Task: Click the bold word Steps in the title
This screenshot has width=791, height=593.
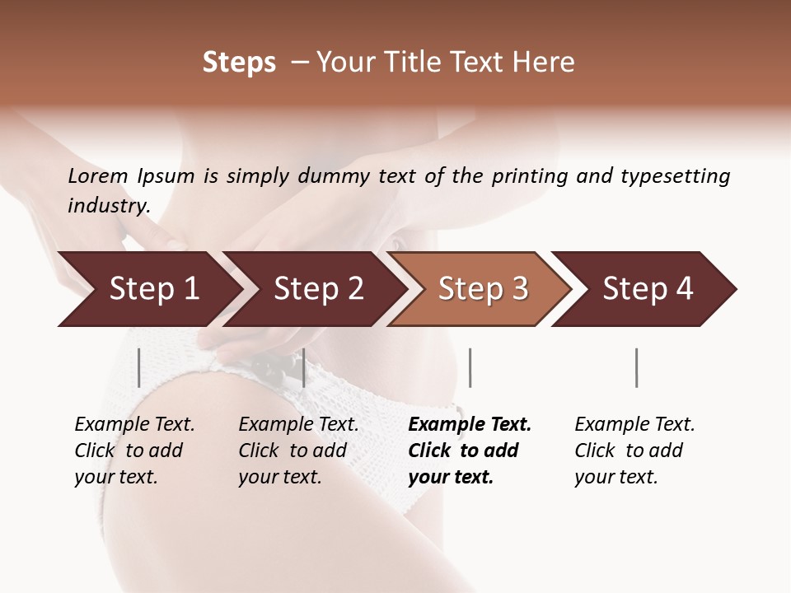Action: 239,63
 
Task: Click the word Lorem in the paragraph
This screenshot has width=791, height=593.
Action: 98,175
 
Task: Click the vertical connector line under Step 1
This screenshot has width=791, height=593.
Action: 139,367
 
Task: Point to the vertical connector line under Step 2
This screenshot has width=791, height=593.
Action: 304,367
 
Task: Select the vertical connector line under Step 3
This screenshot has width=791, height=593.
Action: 470,367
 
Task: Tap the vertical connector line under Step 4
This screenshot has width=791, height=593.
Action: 636,367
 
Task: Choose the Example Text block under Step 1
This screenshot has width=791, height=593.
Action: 134,451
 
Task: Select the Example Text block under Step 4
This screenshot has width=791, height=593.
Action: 634,451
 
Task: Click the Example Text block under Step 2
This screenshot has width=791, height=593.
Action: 298,451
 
